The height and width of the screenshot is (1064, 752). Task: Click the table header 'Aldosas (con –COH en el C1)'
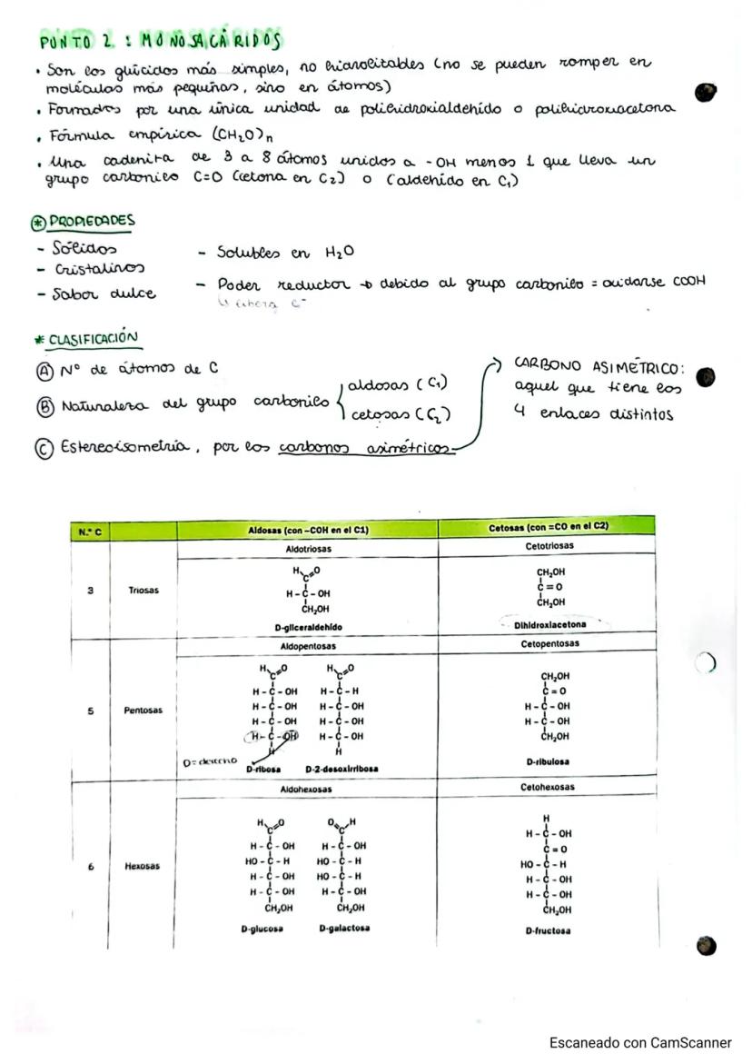click(307, 530)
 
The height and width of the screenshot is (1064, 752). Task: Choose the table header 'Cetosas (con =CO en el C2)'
click(546, 528)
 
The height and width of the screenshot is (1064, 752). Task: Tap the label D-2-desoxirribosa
click(341, 768)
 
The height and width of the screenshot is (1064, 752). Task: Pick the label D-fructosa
click(548, 931)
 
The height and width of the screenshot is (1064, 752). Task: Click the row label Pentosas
click(143, 710)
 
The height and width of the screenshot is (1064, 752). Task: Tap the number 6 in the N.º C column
click(90, 867)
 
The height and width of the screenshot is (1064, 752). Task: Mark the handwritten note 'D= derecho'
click(210, 761)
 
